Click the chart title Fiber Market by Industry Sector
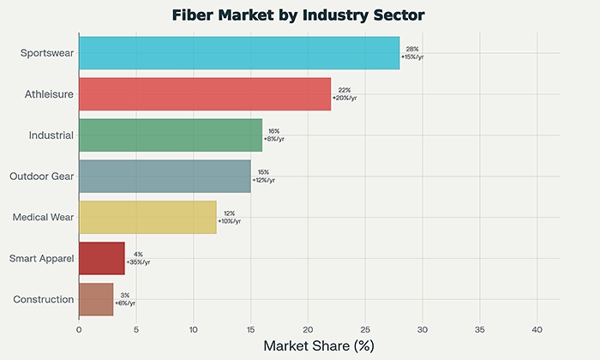[x=299, y=15]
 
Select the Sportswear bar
[x=239, y=53]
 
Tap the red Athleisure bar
[x=205, y=93]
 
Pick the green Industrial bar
[x=171, y=135]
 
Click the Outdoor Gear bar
[x=165, y=176]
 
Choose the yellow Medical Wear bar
[x=147, y=217]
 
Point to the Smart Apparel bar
[x=101, y=258]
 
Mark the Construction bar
[x=96, y=299]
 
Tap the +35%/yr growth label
[x=138, y=262]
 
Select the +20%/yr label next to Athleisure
[x=345, y=98]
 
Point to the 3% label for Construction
[x=125, y=295]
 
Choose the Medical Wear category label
[x=43, y=217]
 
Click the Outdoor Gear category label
[x=41, y=176]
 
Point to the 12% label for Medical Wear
[x=229, y=213]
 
